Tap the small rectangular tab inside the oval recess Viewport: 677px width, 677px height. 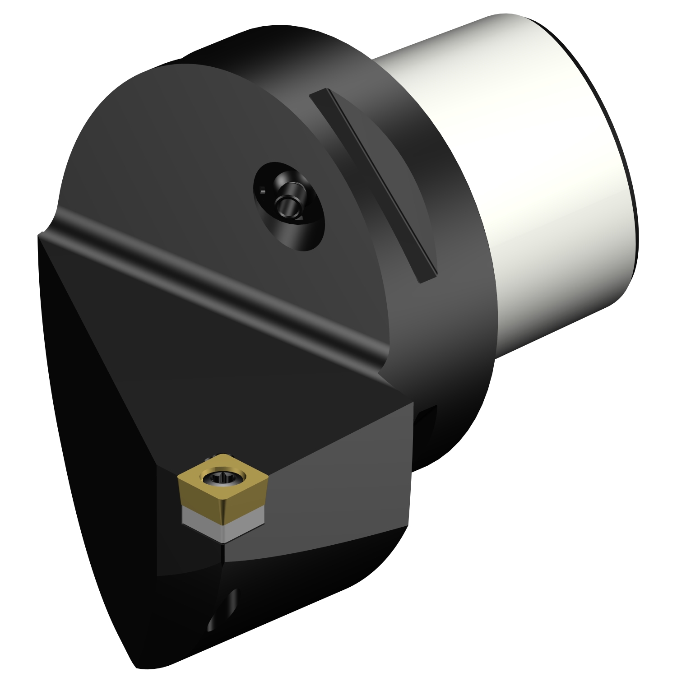[x=263, y=191]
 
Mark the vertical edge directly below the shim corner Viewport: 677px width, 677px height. [x=224, y=569]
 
